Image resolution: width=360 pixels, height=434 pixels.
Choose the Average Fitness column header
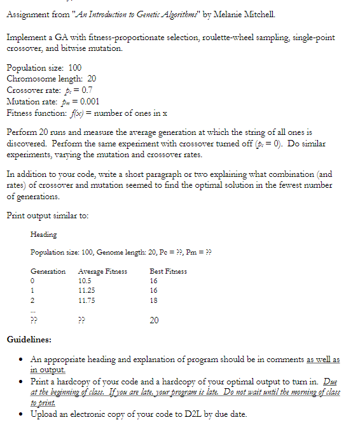(x=102, y=272)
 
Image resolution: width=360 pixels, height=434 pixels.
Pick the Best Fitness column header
(x=168, y=272)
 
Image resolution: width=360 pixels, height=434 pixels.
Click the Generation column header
(x=48, y=272)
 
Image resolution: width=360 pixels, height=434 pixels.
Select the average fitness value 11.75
(x=87, y=300)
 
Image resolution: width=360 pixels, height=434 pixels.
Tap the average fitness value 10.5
(x=85, y=281)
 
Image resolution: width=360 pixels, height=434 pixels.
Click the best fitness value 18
(x=154, y=300)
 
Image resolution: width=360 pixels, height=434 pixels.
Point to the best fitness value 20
(x=154, y=321)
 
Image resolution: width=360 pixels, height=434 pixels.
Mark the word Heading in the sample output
(x=44, y=235)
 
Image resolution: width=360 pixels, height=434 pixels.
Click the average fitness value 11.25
(x=87, y=290)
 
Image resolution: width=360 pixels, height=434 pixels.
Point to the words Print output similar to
(x=43, y=215)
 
